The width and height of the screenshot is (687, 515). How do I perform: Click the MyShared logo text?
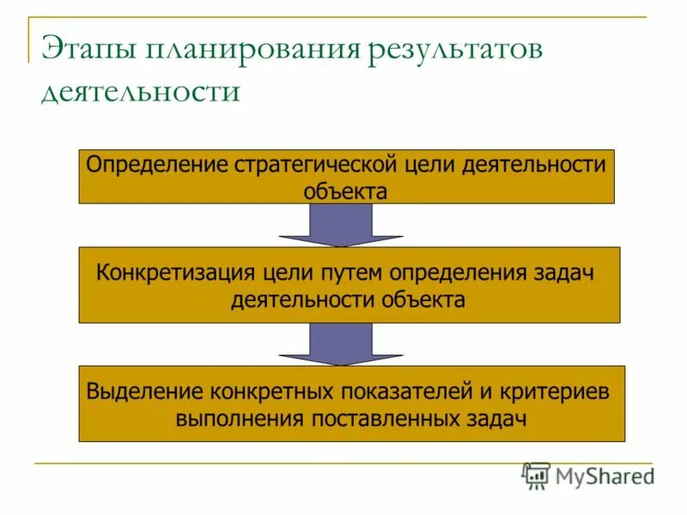click(605, 476)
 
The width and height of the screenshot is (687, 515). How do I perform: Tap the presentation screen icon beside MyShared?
click(536, 476)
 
